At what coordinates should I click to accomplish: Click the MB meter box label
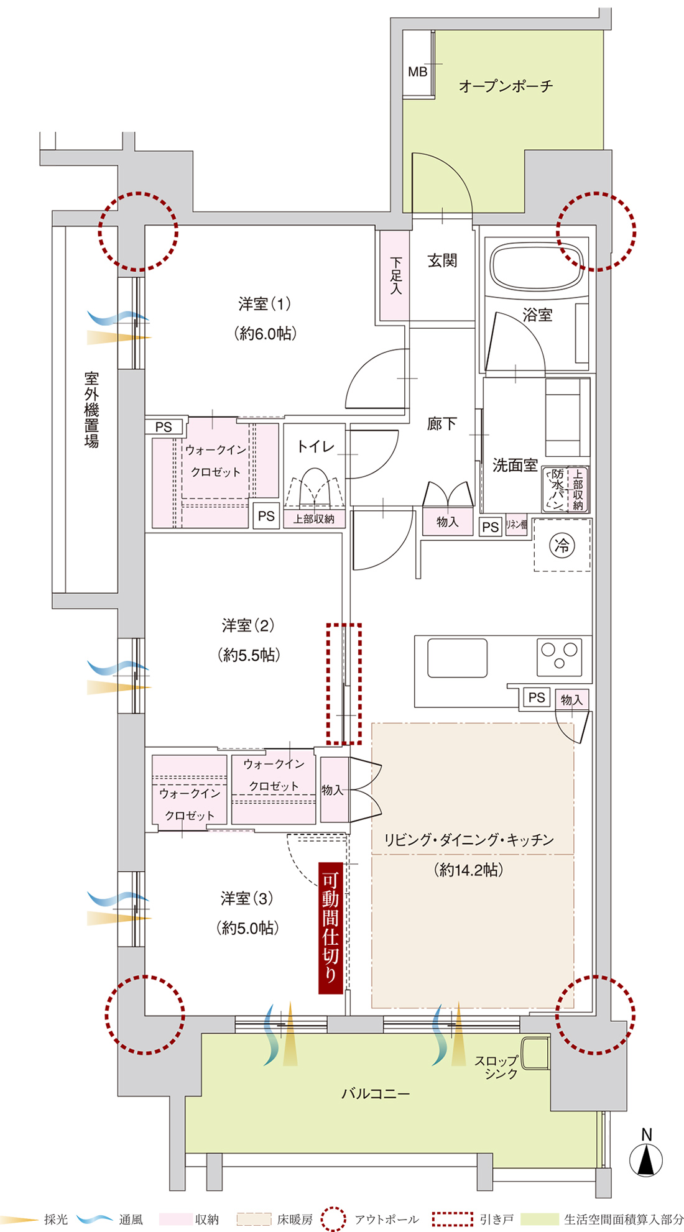coord(417,71)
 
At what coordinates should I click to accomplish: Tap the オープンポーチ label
coord(506,86)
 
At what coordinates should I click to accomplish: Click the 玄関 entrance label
coord(442,260)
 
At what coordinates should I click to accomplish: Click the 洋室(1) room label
coord(264,304)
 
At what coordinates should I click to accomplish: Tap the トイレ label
coord(315,446)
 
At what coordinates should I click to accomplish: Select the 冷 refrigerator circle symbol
coord(562,546)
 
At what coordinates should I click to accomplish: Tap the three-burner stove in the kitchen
coord(560,656)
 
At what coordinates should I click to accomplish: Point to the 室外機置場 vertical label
coord(91,410)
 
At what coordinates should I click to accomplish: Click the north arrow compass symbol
coord(646,1159)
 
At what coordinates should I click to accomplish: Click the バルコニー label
coord(376,1093)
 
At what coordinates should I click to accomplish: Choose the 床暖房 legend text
coord(295,1220)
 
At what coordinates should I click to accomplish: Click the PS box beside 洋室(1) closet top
coord(164,426)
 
